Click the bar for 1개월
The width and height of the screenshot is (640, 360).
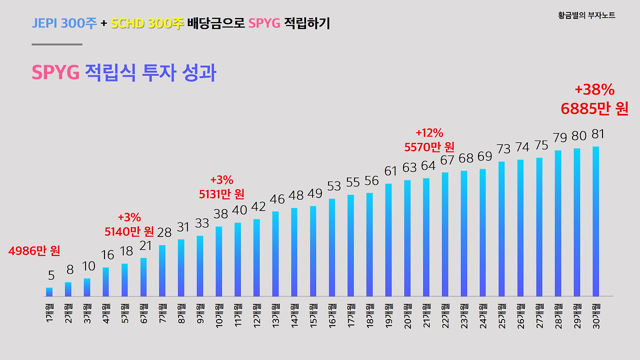49,291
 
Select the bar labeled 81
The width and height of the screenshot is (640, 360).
595,221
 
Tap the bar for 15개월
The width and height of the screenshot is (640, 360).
313,251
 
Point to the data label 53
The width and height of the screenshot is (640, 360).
333,186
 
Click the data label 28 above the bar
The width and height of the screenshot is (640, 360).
164,232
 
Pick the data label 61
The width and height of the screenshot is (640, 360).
390,171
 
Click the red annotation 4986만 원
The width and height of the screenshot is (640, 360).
34,251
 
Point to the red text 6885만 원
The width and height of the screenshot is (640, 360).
594,109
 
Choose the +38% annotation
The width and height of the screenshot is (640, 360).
594,90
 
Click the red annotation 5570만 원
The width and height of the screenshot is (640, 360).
429,147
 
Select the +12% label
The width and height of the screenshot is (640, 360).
429,133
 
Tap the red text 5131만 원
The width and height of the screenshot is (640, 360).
221,193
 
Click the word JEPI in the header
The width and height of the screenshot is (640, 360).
44,23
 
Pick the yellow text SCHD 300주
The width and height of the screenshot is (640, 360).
147,23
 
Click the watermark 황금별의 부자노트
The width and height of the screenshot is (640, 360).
586,15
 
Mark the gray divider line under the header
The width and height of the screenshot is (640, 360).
56,44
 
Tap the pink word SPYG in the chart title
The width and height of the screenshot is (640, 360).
55,73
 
